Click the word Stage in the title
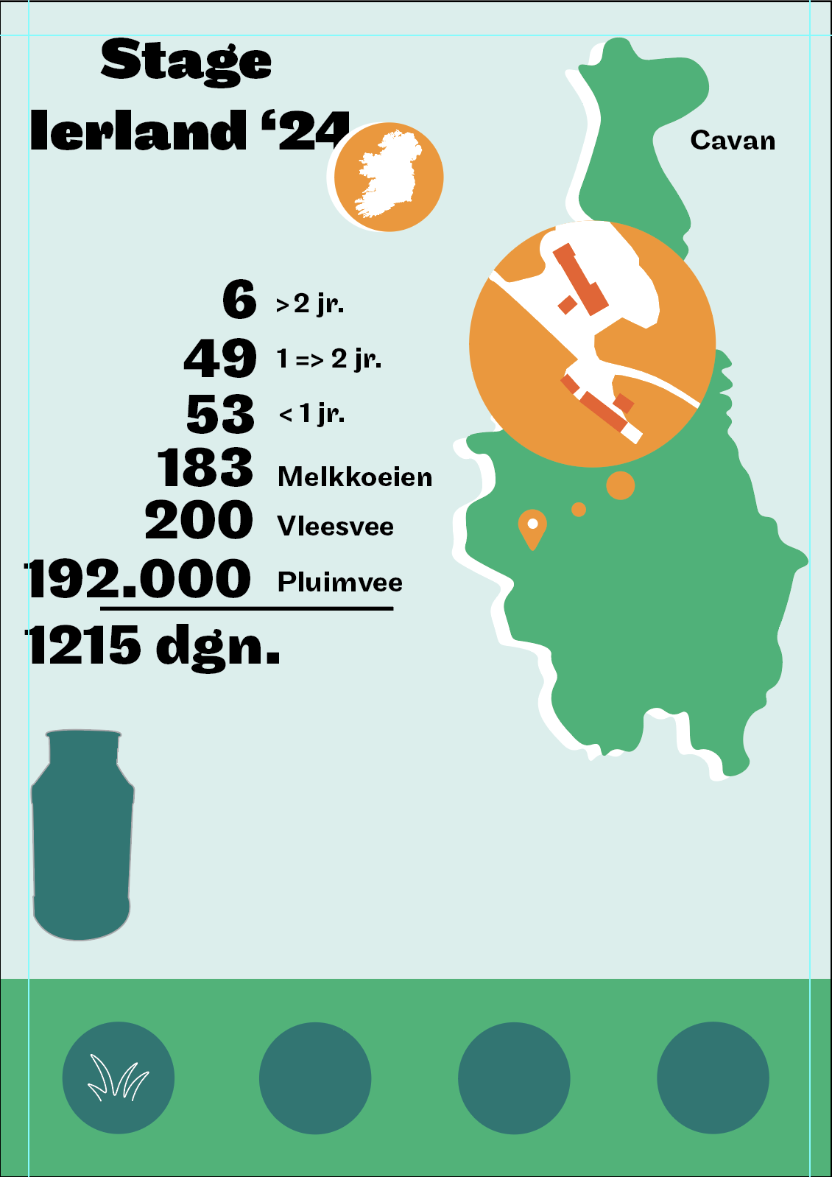point(186,60)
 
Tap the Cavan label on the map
point(733,140)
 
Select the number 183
point(205,468)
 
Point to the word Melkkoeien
point(355,477)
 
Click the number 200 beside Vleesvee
point(199,520)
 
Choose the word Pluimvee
point(340,583)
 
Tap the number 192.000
point(138,578)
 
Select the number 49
point(220,358)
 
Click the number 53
point(220,413)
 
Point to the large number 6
point(239,300)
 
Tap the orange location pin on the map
point(532,526)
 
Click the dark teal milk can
point(82,836)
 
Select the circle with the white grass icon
point(119,1078)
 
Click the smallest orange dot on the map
point(579,509)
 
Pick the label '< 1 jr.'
point(311,414)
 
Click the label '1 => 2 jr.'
point(329,359)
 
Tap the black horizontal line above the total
point(246,608)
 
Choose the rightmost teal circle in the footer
point(713,1078)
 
